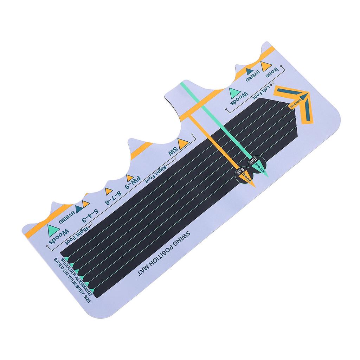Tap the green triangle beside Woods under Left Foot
click(234, 94)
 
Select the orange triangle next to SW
click(183, 144)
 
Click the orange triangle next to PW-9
click(130, 178)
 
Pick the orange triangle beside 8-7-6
click(109, 191)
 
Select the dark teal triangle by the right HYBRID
click(250, 71)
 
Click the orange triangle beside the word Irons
click(266, 66)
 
